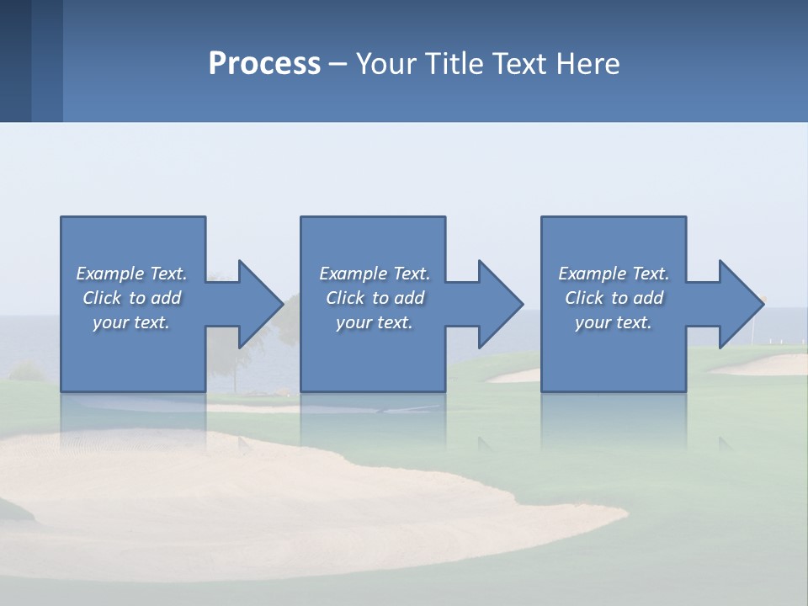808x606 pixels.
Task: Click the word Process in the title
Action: [x=264, y=64]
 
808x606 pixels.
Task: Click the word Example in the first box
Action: [x=109, y=274]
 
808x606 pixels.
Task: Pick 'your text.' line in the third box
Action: [x=613, y=322]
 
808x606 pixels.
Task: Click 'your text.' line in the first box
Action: [x=130, y=322]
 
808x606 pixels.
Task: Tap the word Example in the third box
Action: [x=592, y=274]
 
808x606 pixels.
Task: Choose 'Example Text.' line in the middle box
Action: [x=375, y=274]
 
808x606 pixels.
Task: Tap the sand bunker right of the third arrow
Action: [x=757, y=365]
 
